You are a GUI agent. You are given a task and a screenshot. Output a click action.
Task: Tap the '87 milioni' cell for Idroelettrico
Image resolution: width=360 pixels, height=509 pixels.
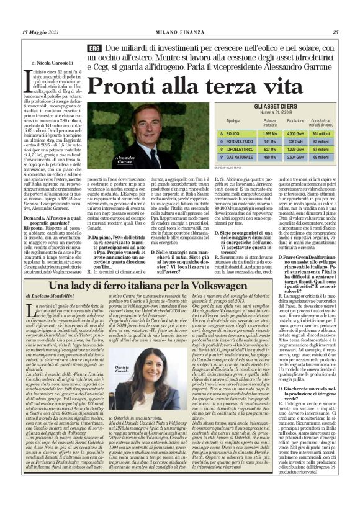tap(321, 150)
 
